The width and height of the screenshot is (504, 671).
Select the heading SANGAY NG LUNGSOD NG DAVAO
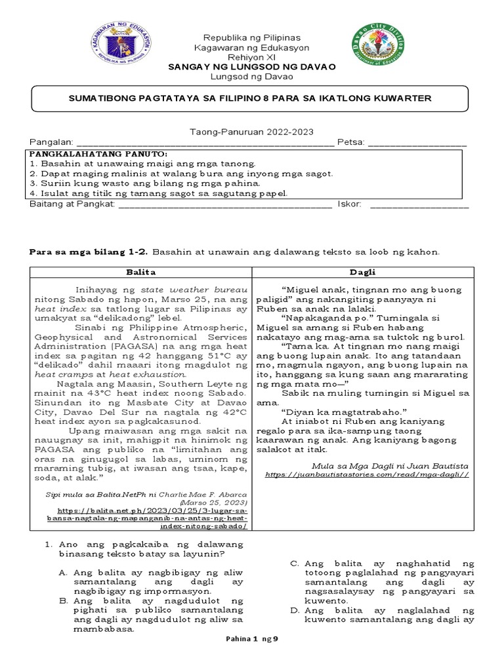(x=251, y=67)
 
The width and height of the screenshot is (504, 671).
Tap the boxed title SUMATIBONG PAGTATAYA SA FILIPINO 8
(x=251, y=98)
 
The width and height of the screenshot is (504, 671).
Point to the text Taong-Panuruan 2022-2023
(x=251, y=132)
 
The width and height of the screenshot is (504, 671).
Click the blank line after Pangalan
(x=205, y=143)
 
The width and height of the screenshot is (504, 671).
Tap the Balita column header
(x=141, y=273)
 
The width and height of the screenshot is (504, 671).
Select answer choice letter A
(x=63, y=572)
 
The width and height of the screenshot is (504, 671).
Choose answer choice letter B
(x=63, y=600)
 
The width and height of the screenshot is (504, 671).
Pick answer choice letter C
(x=295, y=563)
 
